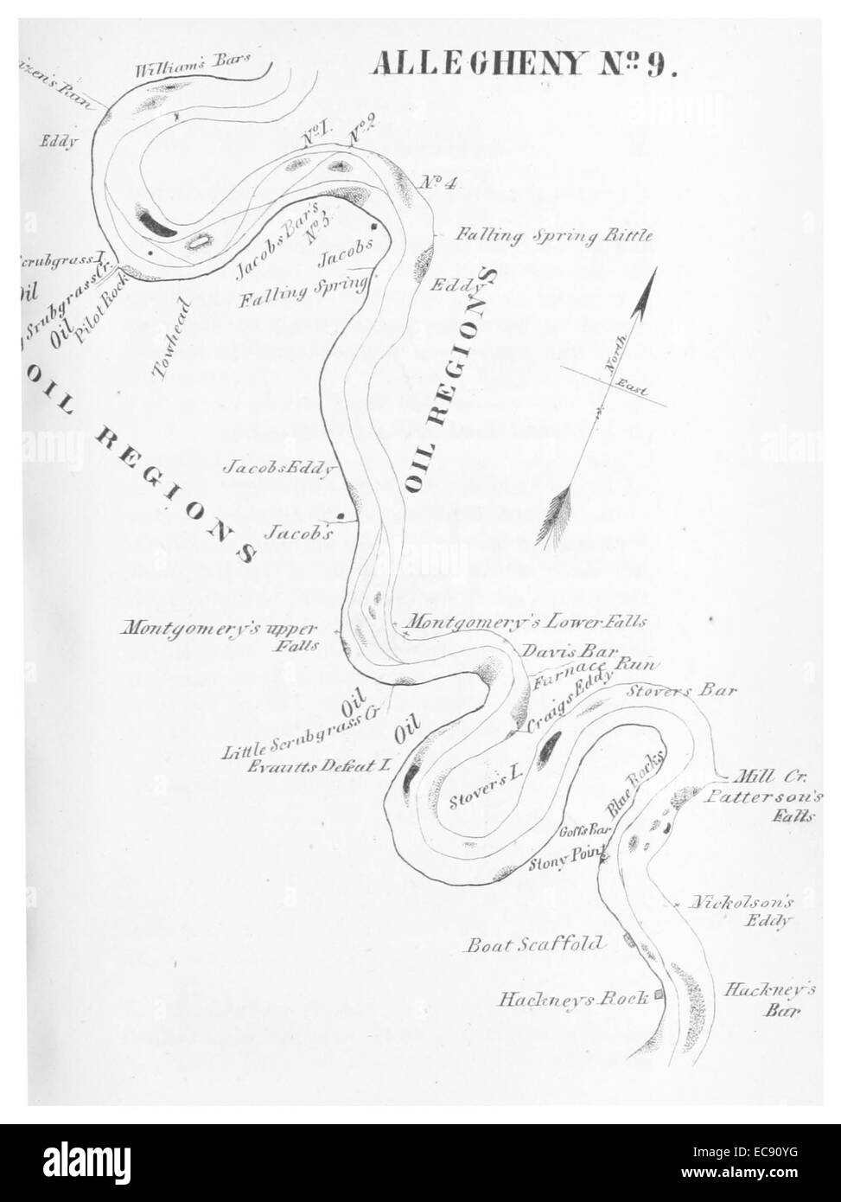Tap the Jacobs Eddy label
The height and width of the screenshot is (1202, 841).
[279, 469]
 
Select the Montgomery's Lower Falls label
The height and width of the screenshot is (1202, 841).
[526, 621]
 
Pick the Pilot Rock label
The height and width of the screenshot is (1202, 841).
[101, 310]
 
